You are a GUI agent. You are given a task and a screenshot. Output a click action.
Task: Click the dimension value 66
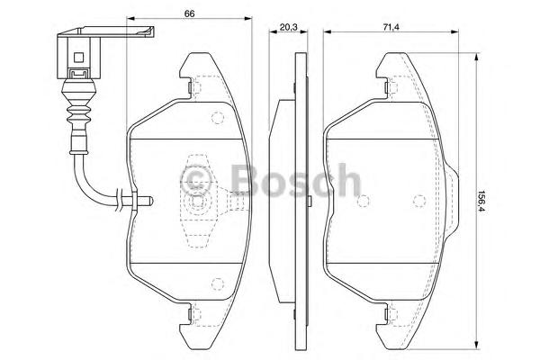tap(190, 13)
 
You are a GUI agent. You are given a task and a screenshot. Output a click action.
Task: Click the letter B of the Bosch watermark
tap(244, 179)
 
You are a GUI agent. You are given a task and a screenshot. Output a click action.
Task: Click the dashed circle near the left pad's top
tap(216, 117)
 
